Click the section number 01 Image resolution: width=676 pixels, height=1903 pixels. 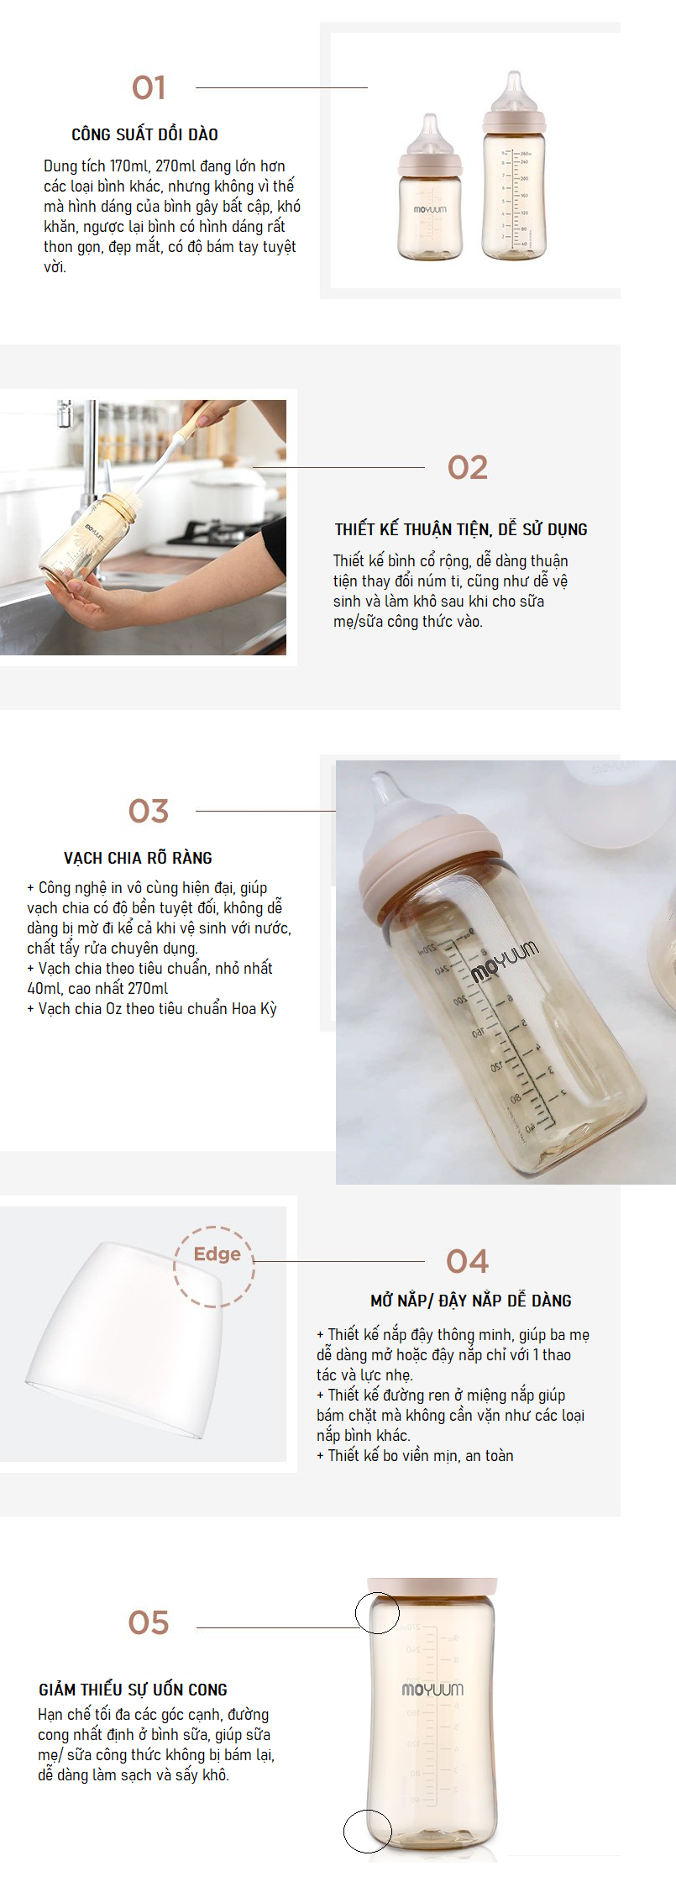[x=149, y=88]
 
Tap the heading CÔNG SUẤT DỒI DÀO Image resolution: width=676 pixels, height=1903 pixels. [x=144, y=135]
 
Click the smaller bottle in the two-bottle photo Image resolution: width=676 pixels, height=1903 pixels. [x=429, y=202]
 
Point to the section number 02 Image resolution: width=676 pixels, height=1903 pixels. [x=468, y=468]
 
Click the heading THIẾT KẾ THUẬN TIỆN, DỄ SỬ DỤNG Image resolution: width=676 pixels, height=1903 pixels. [x=461, y=530]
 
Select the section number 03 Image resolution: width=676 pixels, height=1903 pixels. [x=149, y=812]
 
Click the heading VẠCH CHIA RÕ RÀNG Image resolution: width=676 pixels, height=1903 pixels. [x=138, y=859]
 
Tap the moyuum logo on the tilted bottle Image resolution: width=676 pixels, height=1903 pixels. [x=504, y=962]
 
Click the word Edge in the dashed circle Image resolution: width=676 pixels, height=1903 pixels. [x=217, y=1254]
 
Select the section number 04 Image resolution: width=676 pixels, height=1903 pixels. [x=467, y=1262]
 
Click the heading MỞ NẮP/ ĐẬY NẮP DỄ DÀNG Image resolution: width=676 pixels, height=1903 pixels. [x=470, y=1301]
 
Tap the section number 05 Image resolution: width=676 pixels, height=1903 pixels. [x=149, y=1623]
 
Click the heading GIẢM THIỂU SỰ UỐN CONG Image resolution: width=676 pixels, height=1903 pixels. [x=133, y=1690]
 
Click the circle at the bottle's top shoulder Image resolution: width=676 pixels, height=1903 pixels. [x=377, y=1612]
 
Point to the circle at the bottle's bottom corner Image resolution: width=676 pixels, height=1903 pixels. [x=368, y=1831]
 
